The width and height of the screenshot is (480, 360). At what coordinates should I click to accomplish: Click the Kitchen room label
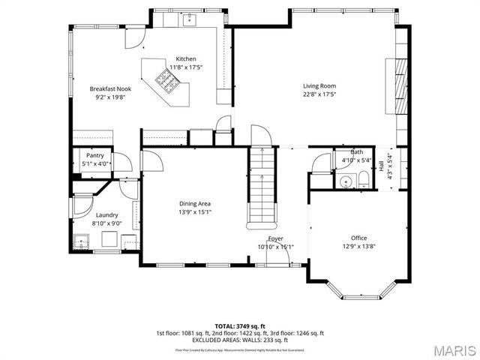click(186, 59)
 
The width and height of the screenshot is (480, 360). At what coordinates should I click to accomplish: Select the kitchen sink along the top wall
click(189, 20)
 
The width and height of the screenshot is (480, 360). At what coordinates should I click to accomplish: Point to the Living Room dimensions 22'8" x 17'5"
click(319, 94)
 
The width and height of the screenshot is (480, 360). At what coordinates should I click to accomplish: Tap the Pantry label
click(95, 155)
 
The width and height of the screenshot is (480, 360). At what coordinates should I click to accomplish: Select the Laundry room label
click(106, 214)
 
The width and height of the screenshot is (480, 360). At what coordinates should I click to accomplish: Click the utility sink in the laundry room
click(82, 242)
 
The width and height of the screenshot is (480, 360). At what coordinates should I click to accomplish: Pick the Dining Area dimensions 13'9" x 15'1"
click(194, 211)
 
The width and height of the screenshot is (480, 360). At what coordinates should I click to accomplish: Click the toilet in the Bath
click(364, 178)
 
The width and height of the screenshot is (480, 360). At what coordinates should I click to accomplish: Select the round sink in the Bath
click(346, 181)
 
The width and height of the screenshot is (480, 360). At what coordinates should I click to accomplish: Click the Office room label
click(359, 238)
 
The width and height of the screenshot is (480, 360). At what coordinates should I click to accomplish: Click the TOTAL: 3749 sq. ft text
click(239, 326)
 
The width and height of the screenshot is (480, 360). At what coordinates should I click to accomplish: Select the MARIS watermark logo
click(452, 349)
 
